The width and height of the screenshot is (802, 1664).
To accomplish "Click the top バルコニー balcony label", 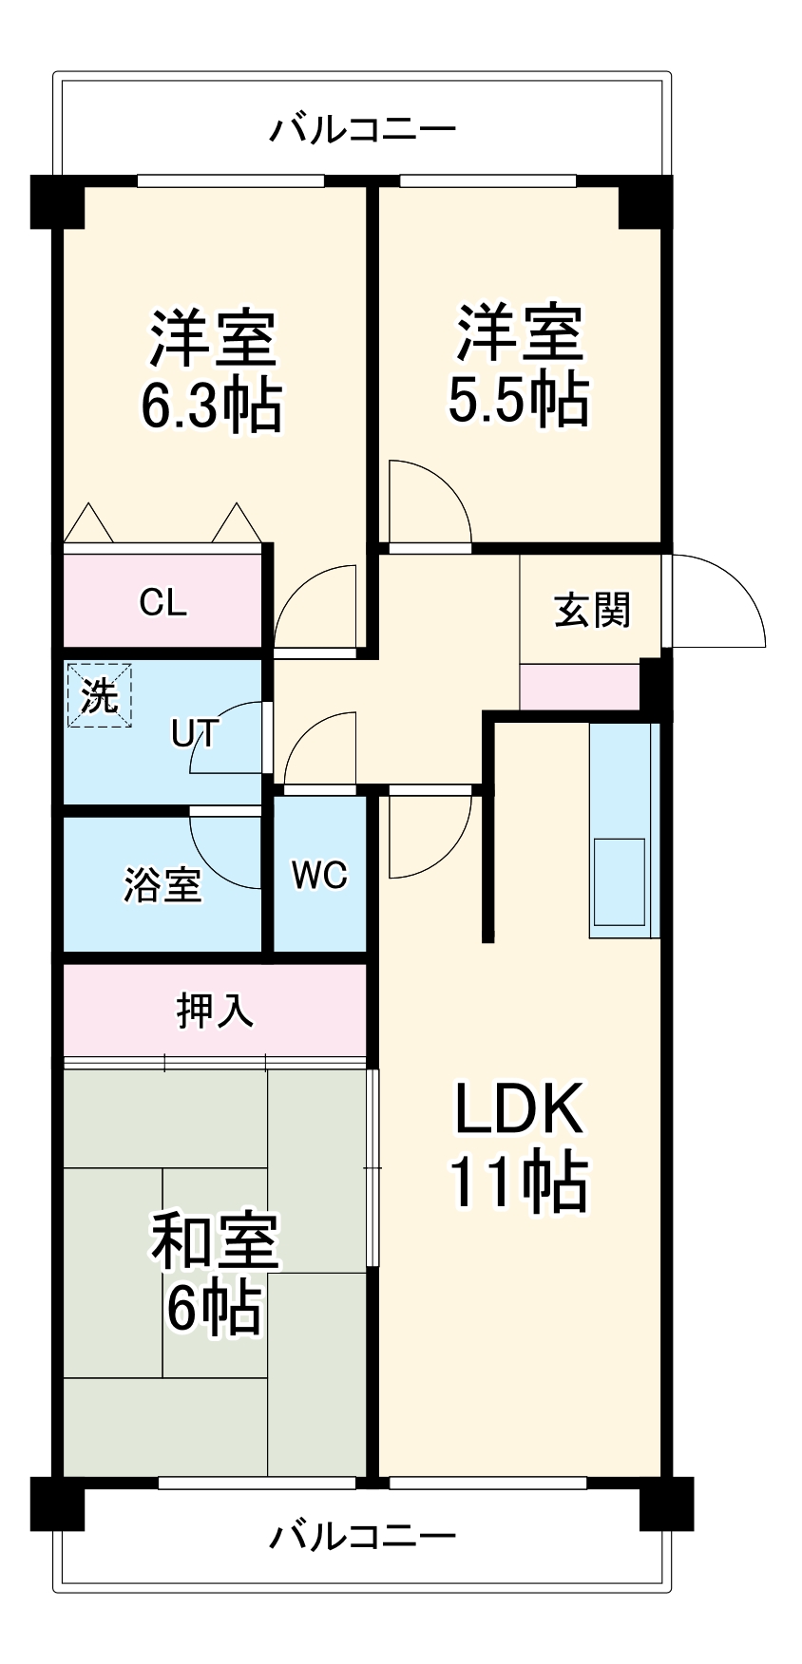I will coord(362,128).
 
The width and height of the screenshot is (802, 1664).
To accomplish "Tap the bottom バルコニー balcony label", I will coord(362,1536).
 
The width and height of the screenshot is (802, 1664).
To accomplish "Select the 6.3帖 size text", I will coord(211,407).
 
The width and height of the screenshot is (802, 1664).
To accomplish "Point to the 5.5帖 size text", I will coord(518,400).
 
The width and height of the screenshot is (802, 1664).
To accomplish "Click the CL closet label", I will coord(162,602).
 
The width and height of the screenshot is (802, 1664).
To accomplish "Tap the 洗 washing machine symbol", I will coord(99,696).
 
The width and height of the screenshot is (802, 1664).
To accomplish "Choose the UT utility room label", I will coord(195,732).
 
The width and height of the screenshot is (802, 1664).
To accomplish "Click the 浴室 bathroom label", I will coord(162,884).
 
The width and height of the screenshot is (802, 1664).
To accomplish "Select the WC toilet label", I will coord(319,875).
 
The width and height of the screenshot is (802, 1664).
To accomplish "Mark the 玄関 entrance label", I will coord(592,610).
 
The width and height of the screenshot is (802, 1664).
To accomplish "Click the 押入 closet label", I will coord(215,1011).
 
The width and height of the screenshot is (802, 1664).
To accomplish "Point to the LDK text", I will coord(518,1108).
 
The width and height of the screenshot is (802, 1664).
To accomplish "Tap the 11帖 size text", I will coord(518,1182).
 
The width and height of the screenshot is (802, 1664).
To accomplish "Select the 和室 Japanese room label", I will coord(215,1241).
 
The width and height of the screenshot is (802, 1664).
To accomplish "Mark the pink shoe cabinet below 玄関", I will coord(579,686).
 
